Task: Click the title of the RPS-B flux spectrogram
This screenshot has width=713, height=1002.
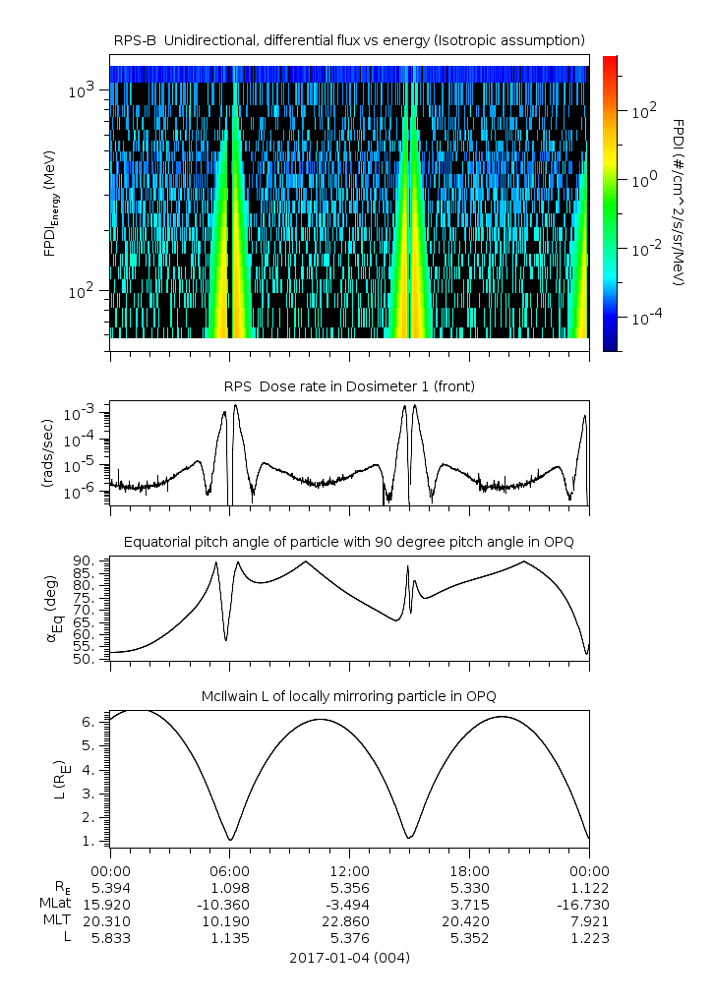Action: click(x=350, y=39)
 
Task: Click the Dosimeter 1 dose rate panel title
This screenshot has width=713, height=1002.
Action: click(x=350, y=386)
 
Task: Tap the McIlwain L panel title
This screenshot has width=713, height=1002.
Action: click(x=350, y=696)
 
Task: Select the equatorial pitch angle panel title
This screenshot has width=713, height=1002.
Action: click(x=350, y=542)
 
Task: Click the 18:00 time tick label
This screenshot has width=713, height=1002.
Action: click(x=469, y=870)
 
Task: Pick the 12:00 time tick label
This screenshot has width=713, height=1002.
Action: click(x=349, y=870)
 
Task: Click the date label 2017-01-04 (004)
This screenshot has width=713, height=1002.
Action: click(x=350, y=958)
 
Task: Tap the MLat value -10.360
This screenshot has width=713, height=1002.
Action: click(x=229, y=904)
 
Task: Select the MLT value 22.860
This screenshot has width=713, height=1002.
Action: click(x=349, y=920)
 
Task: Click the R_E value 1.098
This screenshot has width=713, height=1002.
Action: click(x=229, y=887)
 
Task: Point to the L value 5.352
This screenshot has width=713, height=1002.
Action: click(x=469, y=937)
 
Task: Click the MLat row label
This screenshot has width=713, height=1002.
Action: click(x=53, y=904)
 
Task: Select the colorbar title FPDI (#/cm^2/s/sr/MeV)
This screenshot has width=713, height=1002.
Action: click(x=679, y=203)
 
